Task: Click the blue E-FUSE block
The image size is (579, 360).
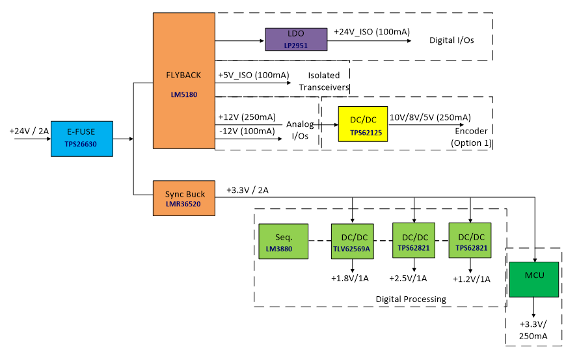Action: [82, 138]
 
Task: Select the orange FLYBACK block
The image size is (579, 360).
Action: [183, 81]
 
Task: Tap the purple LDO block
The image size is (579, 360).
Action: [295, 40]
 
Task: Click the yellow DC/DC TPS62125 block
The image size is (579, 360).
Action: [362, 124]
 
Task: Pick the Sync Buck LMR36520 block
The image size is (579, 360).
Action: [183, 198]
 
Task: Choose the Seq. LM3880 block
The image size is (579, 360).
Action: [283, 242]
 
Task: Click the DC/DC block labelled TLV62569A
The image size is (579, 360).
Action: [351, 242]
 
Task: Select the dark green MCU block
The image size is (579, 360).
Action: [534, 277]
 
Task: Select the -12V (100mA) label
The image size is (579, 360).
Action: [248, 131]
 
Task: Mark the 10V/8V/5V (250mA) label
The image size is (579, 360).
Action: [429, 117]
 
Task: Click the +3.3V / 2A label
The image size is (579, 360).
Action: [247, 190]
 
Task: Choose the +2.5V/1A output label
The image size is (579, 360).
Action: [408, 279]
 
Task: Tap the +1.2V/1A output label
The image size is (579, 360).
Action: [472, 279]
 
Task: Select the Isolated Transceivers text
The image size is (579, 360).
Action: [324, 81]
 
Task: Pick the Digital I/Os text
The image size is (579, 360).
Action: [451, 40]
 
